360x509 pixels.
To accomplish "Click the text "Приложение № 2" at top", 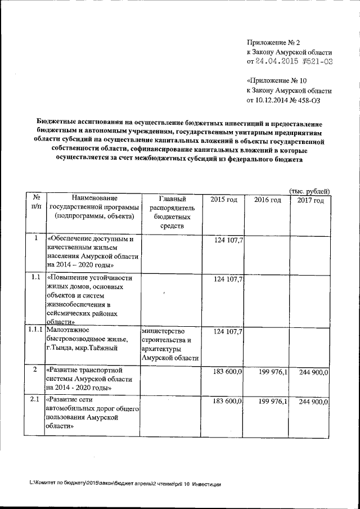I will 274,43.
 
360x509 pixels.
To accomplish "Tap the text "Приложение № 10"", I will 277,81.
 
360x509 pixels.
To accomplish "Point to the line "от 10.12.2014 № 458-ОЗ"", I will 287,100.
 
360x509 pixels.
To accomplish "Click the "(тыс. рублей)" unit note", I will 309,191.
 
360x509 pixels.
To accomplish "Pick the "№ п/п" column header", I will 35,204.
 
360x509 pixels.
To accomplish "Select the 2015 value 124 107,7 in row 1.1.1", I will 228,332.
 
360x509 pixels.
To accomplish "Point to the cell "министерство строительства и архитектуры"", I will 170,344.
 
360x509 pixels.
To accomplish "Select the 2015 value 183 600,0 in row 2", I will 228,372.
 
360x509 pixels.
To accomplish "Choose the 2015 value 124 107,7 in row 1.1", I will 228,279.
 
